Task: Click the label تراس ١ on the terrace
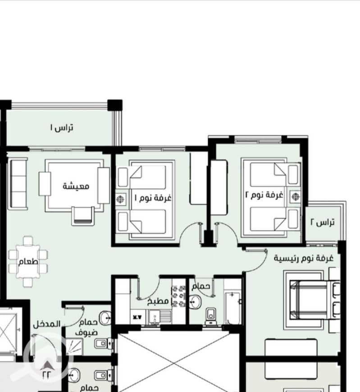click(62, 128)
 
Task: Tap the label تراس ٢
click(323, 222)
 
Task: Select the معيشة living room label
click(76, 186)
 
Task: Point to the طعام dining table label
click(28, 261)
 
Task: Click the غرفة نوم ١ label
click(153, 198)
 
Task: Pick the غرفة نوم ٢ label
click(264, 195)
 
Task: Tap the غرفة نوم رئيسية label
click(304, 258)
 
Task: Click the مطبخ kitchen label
click(158, 301)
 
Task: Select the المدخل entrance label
click(47, 324)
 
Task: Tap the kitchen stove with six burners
click(178, 296)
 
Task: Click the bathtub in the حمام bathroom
click(232, 308)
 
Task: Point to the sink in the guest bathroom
click(105, 318)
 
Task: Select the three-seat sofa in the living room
click(18, 183)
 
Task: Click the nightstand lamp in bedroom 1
click(120, 199)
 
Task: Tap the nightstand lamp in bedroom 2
click(295, 196)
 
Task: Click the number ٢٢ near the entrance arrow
click(46, 375)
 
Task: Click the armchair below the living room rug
click(83, 215)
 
